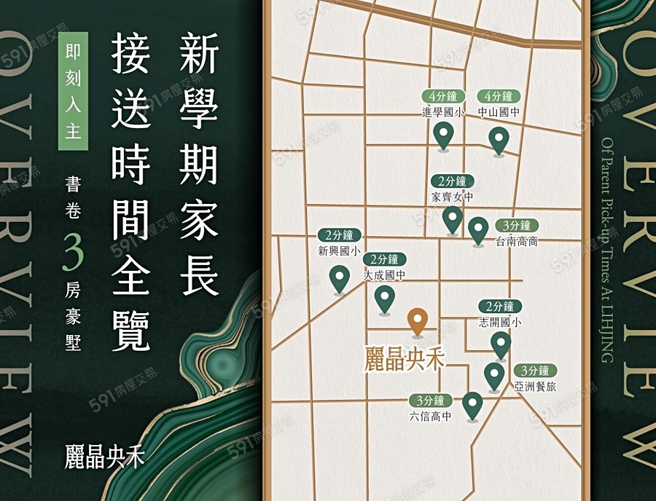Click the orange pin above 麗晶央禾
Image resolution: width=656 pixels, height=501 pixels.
coord(417,321)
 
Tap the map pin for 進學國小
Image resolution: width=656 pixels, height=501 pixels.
coord(443,135)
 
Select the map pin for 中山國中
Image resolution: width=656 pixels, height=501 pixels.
coord(499,140)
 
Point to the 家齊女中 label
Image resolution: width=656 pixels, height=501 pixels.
coord(453,197)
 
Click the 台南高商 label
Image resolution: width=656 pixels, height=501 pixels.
coord(517,241)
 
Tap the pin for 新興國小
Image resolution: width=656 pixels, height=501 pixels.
coord(339,278)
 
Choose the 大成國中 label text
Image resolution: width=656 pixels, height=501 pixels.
coord(384,276)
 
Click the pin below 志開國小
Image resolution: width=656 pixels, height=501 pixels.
coord(501,344)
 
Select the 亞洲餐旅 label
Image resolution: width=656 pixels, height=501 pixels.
coord(535,387)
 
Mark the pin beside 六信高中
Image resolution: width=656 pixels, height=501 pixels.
coord(472,405)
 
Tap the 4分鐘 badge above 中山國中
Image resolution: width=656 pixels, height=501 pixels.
coord(499,96)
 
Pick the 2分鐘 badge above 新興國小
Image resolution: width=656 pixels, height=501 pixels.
coord(340,235)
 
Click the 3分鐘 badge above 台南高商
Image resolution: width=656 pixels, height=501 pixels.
coord(517,225)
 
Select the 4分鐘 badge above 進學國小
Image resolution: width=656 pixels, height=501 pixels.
coord(443,96)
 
